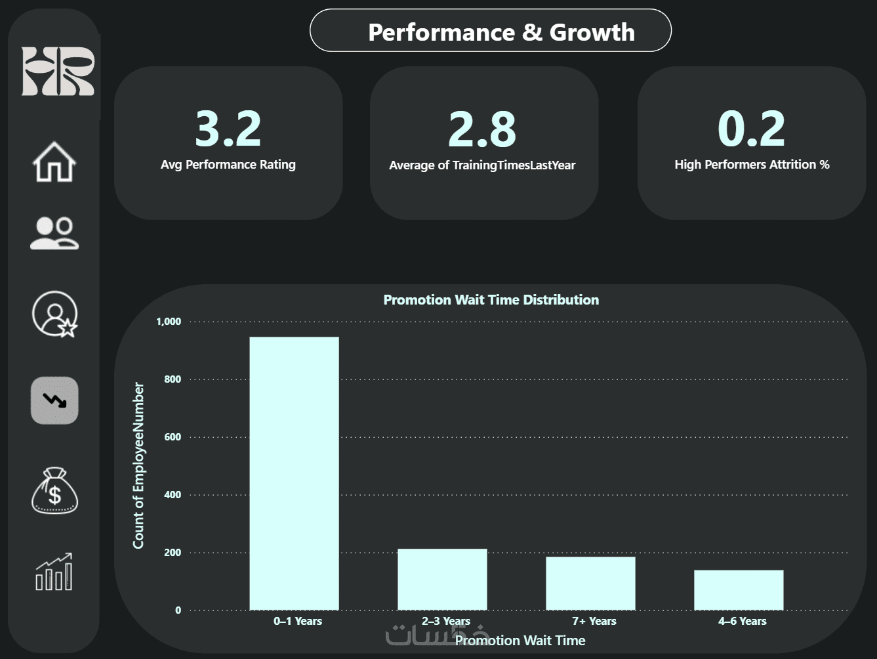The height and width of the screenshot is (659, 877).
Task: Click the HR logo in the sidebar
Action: (58, 72)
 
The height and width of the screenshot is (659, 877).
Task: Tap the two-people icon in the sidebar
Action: (54, 234)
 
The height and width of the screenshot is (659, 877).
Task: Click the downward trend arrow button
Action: (54, 400)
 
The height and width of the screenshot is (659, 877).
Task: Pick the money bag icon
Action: (54, 490)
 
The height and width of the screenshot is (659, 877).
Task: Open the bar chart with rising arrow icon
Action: (54, 572)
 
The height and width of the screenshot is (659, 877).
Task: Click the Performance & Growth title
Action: (501, 32)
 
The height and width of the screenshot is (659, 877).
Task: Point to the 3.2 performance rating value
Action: (228, 129)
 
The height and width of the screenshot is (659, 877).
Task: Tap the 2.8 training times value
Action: (482, 129)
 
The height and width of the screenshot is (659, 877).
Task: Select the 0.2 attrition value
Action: (751, 129)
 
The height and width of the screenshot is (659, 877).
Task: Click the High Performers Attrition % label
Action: (752, 165)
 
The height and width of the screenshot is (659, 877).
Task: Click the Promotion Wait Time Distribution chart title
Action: (491, 300)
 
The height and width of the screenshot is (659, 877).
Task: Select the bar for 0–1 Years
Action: (294, 473)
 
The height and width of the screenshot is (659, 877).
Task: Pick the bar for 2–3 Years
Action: (442, 579)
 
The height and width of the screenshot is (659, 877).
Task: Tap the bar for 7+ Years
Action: (590, 583)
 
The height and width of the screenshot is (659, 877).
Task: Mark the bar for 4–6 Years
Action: (739, 589)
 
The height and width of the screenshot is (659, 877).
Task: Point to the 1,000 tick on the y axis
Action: (169, 322)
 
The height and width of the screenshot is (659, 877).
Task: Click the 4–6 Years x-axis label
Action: (742, 621)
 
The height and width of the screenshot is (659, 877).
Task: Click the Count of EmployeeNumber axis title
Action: (138, 465)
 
